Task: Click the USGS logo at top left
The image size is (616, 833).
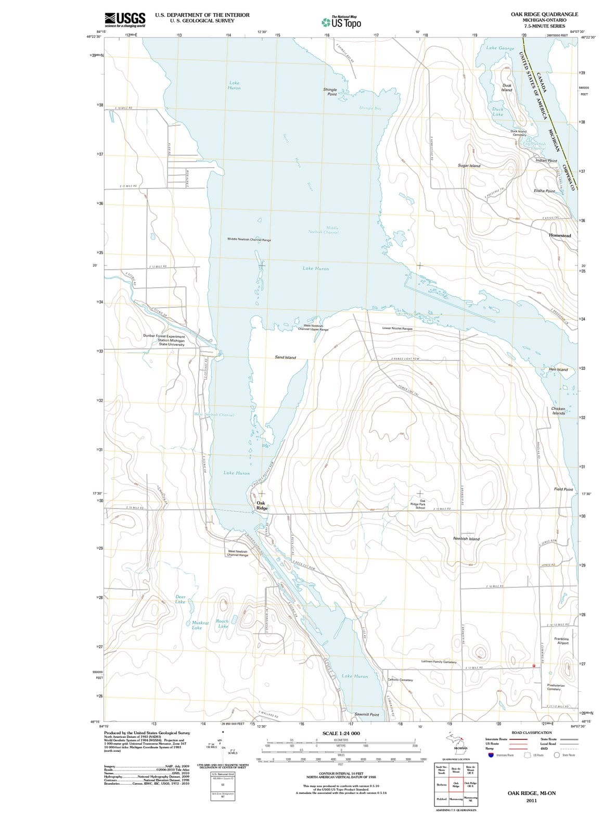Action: (124, 20)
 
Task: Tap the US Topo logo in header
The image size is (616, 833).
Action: (341, 22)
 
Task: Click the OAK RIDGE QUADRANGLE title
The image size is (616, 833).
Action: (544, 15)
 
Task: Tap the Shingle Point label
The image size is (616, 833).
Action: (330, 92)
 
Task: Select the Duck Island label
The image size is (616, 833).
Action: (506, 87)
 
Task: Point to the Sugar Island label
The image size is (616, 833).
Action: (469, 166)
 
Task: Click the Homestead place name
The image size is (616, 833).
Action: (560, 236)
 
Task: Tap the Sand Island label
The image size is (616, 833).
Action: (285, 358)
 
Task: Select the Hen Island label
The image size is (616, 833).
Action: (558, 370)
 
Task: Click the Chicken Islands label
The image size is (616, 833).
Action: (558, 411)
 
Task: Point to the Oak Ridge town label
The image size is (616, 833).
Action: (261, 506)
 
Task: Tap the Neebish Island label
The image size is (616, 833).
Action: (466, 539)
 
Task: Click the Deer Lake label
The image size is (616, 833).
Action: (180, 599)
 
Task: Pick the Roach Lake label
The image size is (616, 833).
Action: (222, 624)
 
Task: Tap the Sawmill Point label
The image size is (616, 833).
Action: (366, 715)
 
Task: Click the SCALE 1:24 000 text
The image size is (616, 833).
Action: (341, 733)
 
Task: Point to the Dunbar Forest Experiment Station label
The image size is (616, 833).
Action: (164, 340)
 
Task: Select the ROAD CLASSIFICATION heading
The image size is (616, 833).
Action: (532, 733)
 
